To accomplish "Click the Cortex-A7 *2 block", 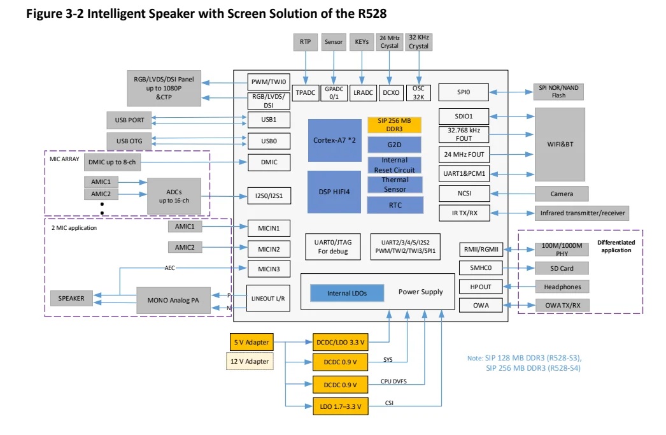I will [335, 140].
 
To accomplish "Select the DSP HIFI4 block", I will [335, 192].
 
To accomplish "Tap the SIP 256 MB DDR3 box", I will [394, 125].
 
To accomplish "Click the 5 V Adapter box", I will [250, 342].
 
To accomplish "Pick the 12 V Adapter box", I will [250, 362].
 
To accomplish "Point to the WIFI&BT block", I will [560, 145].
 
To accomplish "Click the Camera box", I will [561, 194].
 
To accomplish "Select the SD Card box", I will [562, 268].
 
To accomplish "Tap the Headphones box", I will [562, 287].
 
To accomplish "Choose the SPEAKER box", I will [71, 298].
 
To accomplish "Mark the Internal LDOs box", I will [347, 293].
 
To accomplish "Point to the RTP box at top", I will [306, 42].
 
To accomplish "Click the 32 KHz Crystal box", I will [418, 42].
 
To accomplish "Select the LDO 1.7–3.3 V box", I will [341, 406].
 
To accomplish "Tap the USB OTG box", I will [129, 140].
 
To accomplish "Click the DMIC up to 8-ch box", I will [113, 162].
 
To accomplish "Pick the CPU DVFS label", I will [394, 381].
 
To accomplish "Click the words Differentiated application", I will [615, 246].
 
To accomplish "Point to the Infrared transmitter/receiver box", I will [582, 213].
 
